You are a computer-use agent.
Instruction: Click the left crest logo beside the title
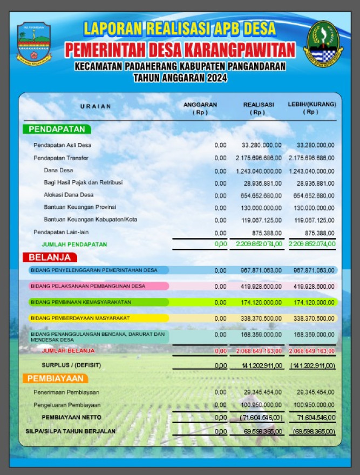[x=34, y=44]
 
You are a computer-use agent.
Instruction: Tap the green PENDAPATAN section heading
[x=57, y=130]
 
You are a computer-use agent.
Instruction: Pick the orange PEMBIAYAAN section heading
[x=56, y=378]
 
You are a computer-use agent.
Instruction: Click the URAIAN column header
[x=96, y=107]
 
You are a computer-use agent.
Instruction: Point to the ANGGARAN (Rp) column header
[x=200, y=108]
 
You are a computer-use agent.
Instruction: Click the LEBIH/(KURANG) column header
[x=312, y=108]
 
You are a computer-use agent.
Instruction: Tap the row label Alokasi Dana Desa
[x=69, y=195]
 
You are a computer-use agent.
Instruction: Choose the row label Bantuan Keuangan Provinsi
[x=80, y=207]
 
